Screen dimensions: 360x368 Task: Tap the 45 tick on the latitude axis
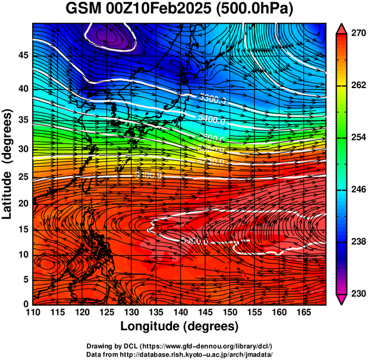pyautogui.click(x=23, y=55)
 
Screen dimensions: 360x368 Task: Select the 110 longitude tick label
pyautogui.click(x=33, y=313)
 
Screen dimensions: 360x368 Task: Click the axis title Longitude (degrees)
pyautogui.click(x=180, y=327)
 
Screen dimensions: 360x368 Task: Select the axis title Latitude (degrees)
pyautogui.click(x=8, y=164)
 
